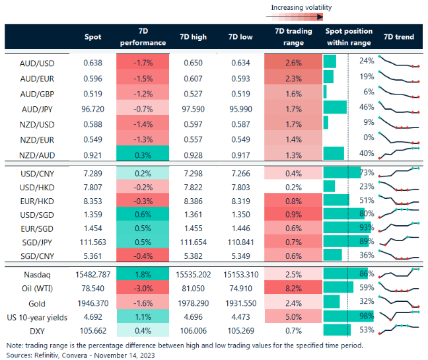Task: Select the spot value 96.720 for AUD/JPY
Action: (93, 107)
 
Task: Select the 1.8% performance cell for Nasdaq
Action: (143, 272)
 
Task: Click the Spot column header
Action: (93, 37)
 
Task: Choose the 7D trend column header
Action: (398, 37)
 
